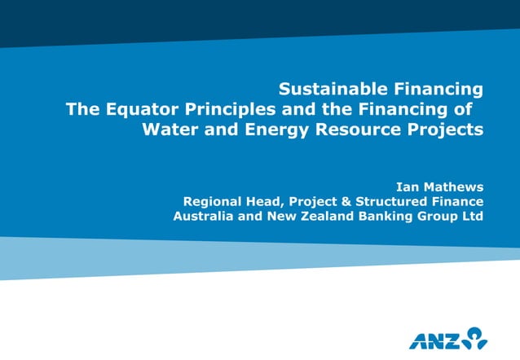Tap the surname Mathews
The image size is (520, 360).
coord(455,187)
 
